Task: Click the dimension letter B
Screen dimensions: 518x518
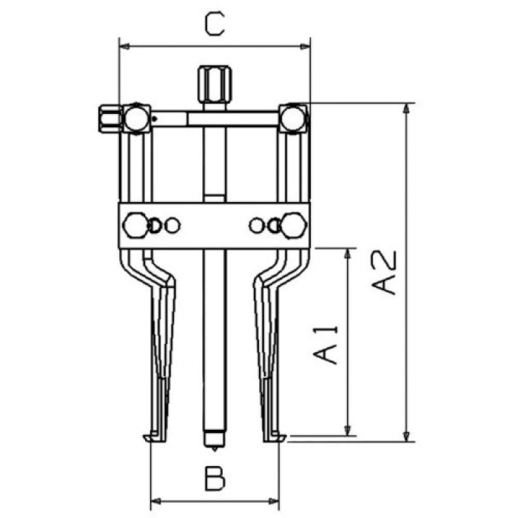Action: tap(215, 478)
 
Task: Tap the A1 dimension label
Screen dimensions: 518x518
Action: tap(326, 345)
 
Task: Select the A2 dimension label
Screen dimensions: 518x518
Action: tap(383, 272)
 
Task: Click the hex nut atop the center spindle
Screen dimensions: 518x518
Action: tap(215, 85)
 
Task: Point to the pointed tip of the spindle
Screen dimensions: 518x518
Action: tap(215, 450)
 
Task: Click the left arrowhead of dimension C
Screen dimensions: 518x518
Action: tap(124, 47)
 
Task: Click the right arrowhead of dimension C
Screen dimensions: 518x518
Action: tap(305, 47)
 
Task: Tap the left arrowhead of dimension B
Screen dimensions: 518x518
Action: tap(155, 501)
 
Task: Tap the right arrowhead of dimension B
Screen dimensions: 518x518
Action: tap(274, 501)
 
